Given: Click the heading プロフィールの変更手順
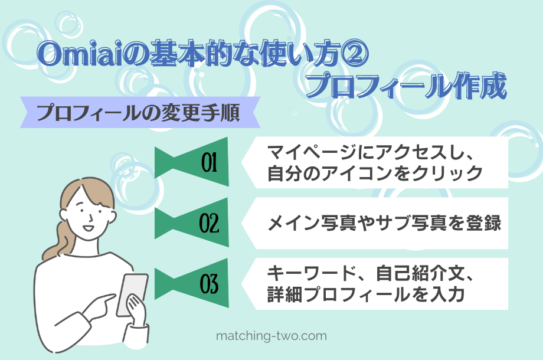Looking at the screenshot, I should coord(138,113).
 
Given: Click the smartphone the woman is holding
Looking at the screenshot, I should coord(132,294).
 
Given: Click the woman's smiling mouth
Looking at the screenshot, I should coord(87,227).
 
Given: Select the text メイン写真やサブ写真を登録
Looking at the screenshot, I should coord(384,224).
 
